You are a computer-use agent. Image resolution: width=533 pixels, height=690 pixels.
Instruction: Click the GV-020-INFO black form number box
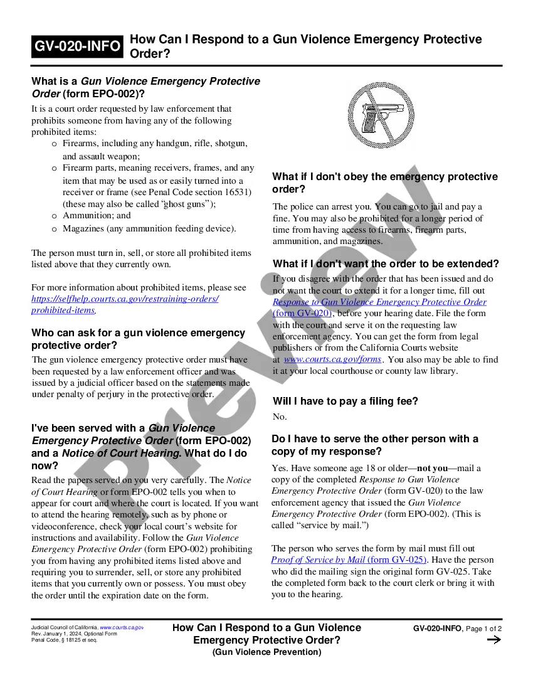click(78, 46)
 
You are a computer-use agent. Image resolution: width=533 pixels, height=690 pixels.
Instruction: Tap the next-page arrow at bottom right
click(493, 640)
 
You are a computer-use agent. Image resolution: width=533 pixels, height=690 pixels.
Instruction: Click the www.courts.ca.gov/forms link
click(332, 359)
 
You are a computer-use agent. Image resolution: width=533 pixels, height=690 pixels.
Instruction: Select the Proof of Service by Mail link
click(349, 560)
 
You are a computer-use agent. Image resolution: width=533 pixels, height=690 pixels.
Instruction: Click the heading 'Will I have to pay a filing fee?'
click(345, 401)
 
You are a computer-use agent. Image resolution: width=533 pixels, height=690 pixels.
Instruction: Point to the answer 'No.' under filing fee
click(280, 417)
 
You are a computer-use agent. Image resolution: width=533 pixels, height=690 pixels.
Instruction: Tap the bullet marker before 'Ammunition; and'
click(55, 216)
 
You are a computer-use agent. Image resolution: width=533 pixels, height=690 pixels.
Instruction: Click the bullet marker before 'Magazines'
click(55, 229)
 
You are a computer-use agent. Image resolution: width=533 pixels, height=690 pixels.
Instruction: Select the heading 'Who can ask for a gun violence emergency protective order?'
click(138, 339)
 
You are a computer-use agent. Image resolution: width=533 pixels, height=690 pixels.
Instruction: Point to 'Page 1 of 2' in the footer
click(483, 629)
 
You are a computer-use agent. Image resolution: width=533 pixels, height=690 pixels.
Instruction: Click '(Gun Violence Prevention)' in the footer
click(266, 652)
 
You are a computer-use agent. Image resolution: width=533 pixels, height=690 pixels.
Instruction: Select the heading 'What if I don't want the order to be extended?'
click(386, 263)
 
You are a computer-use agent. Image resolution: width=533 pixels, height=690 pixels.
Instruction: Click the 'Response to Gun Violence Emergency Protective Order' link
click(379, 302)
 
